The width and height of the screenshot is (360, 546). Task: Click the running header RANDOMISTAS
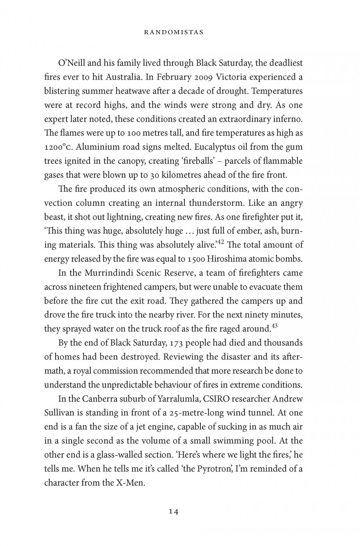point(174,32)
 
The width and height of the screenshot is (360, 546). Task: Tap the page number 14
point(174,512)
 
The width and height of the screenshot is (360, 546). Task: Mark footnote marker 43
point(274,326)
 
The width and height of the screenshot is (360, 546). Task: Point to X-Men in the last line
point(130,483)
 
